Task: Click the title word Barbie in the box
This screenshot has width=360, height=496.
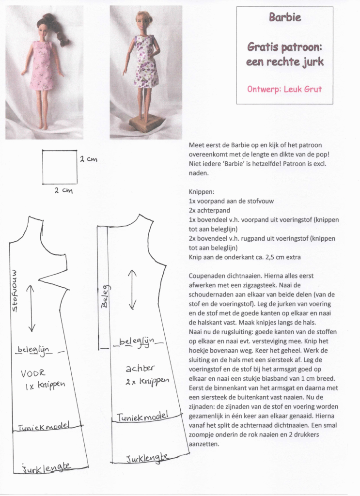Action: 285,18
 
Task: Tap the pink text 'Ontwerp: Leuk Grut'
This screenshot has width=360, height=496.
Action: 284,90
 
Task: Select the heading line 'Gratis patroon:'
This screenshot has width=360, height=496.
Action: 284,47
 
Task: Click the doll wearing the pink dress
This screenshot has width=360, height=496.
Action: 43,65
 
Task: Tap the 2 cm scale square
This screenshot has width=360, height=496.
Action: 59,167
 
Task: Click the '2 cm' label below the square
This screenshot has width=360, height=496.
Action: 63,191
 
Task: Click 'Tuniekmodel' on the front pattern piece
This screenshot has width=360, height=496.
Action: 44,427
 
